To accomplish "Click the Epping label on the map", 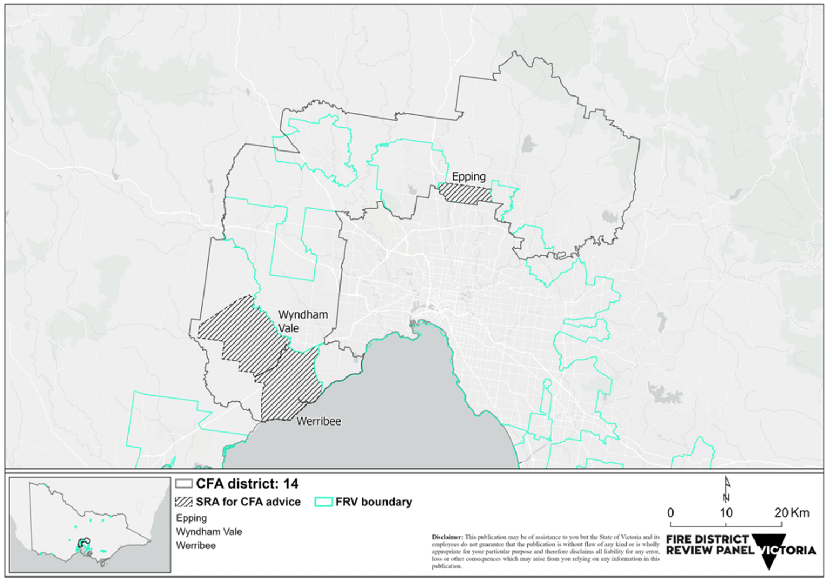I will tap(468, 176).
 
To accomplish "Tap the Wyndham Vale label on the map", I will tap(302, 321).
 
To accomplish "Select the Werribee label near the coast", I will tap(318, 421).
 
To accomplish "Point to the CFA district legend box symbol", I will tap(184, 484).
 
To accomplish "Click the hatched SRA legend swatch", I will tap(184, 502).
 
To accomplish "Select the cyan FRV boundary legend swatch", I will tap(323, 502).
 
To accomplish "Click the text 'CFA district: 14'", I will tap(247, 484).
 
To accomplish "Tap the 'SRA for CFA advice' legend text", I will tap(248, 502).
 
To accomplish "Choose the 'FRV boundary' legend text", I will tap(373, 502).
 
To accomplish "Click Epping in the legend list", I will tap(191, 518).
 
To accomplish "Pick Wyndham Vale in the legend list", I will tap(209, 532).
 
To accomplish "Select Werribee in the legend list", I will tap(196, 546).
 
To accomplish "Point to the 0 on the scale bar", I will tap(670, 513).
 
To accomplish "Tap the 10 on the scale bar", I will tap(726, 513).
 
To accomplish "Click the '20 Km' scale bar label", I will tap(792, 513).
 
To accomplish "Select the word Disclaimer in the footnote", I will tap(447, 537).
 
